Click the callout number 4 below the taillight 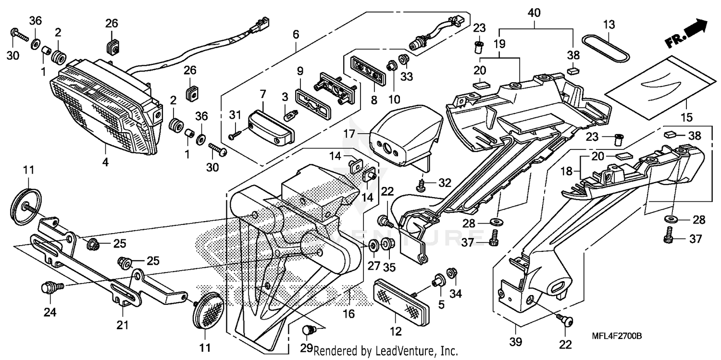click(105, 162)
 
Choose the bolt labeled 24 click(50, 288)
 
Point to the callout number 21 click(123, 325)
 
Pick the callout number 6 click(296, 35)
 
